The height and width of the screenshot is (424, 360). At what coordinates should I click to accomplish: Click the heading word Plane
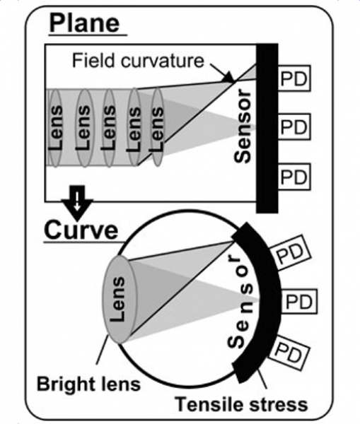tap(84, 23)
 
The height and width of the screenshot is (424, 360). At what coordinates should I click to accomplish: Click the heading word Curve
tap(81, 230)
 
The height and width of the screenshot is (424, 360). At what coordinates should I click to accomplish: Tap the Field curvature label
tap(138, 61)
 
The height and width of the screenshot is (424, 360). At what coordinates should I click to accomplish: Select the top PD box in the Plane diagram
tap(294, 78)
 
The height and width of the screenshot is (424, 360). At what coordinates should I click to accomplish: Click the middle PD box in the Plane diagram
tap(294, 126)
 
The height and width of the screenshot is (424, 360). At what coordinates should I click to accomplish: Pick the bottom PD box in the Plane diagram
tap(294, 177)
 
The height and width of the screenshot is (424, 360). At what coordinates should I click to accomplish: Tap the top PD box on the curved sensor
tap(290, 254)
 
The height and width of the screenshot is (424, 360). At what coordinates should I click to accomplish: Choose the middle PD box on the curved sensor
tap(299, 302)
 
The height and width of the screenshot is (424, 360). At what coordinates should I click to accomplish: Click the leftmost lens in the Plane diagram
tap(55, 128)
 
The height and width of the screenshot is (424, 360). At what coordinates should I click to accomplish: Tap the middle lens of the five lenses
tap(109, 128)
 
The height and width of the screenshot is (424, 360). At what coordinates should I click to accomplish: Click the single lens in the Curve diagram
tap(119, 300)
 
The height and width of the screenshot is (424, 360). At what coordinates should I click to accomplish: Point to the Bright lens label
tap(88, 384)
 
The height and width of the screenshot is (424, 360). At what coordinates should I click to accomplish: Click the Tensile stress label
tap(241, 404)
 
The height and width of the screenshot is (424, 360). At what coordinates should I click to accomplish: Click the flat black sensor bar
tap(267, 128)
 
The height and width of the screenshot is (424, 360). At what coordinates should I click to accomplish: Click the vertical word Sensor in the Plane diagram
tap(243, 126)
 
